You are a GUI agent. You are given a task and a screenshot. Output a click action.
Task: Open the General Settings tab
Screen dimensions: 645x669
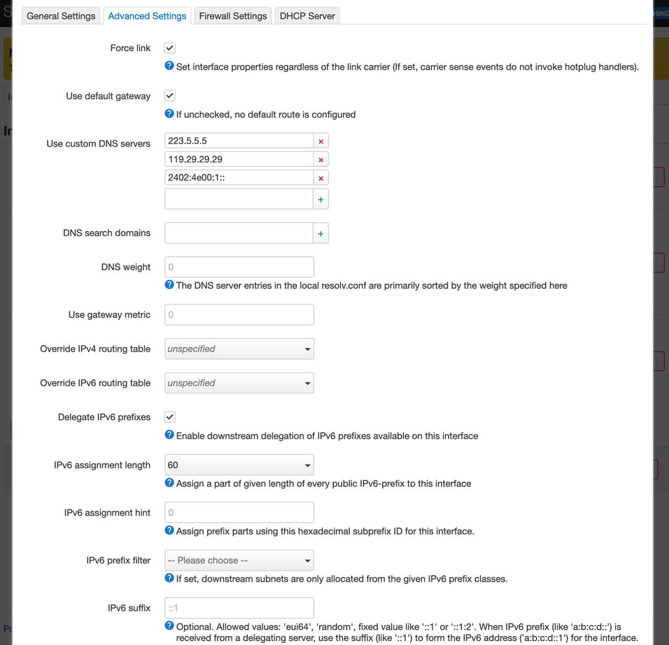[61, 16]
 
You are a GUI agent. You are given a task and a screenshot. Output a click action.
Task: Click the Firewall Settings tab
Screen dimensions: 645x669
[233, 16]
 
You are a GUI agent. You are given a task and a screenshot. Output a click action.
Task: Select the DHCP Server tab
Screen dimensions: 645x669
[307, 16]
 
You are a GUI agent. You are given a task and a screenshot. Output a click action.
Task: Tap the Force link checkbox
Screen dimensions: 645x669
[170, 48]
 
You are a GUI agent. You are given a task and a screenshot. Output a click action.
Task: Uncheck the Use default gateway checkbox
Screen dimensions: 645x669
[170, 96]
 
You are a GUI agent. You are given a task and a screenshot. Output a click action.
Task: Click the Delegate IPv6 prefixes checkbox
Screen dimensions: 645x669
[170, 417]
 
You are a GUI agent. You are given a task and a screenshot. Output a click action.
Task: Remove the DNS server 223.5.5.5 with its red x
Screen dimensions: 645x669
[321, 141]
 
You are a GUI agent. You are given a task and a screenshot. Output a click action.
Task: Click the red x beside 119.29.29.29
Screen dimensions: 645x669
[321, 160]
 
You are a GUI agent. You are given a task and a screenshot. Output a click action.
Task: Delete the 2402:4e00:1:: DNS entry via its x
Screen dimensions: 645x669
[321, 178]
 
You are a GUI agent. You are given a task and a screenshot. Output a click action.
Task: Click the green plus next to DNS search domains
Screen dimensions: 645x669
[321, 233]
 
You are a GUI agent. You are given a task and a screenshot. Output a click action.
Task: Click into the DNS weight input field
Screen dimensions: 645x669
[239, 267]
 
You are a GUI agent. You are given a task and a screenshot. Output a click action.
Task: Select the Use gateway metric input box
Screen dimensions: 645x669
[239, 315]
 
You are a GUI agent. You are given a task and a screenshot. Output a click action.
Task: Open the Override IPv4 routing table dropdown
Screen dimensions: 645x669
[239, 349]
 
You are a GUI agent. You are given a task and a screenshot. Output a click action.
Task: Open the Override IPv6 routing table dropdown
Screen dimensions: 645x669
[239, 383]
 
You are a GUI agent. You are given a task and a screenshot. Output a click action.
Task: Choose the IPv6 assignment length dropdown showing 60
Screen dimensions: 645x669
[239, 465]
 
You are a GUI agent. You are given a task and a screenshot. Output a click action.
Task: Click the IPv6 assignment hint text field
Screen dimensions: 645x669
[239, 513]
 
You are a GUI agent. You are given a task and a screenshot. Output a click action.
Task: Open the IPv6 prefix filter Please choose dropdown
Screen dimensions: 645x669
[239, 560]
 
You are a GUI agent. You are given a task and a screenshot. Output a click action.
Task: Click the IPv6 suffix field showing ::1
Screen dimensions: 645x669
[239, 608]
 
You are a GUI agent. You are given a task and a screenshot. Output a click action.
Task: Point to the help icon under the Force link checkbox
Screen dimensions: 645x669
[169, 66]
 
